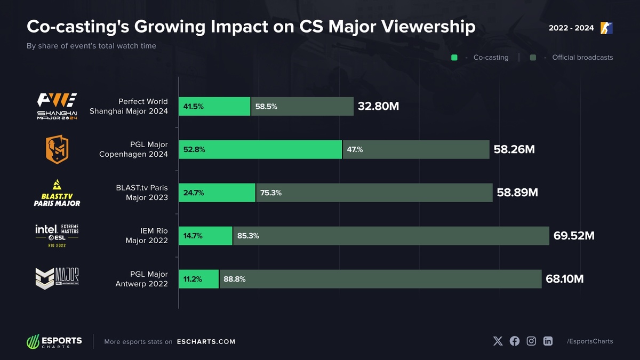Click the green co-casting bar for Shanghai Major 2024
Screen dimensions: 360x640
[x=214, y=107]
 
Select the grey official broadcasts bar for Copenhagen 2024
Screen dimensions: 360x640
[x=416, y=150]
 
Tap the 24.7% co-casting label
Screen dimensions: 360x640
[x=194, y=193]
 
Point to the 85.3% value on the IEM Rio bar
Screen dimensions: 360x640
[x=248, y=236]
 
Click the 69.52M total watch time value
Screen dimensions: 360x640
[x=574, y=236]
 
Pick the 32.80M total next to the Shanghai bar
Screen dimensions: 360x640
[x=378, y=107]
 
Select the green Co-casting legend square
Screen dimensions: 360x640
[x=454, y=58]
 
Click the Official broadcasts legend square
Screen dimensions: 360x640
[x=533, y=58]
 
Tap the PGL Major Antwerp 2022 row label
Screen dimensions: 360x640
[x=141, y=279]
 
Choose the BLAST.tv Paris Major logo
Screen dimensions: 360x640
[x=57, y=193]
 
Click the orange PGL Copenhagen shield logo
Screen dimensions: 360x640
[x=57, y=150]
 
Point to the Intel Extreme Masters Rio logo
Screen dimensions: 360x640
[x=57, y=235]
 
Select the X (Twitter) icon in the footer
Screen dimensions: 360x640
[x=498, y=341]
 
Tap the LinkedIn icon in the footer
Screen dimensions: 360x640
[x=548, y=341]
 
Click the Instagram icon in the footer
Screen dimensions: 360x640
[x=531, y=341]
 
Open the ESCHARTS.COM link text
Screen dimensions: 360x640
[x=206, y=342]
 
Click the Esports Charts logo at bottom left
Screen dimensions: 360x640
[x=54, y=341]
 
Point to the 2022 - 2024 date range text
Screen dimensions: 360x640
[x=571, y=28]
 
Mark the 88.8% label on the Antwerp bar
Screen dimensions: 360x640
[x=235, y=279]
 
